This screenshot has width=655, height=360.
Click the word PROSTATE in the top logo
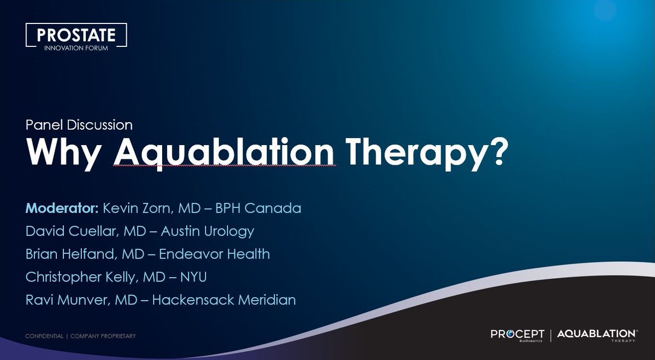click(x=76, y=35)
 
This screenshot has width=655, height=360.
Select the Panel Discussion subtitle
click(x=79, y=125)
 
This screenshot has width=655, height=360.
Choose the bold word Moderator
click(x=62, y=208)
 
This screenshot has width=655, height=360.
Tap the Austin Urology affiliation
click(x=207, y=231)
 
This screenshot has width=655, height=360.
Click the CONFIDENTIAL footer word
click(x=44, y=336)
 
